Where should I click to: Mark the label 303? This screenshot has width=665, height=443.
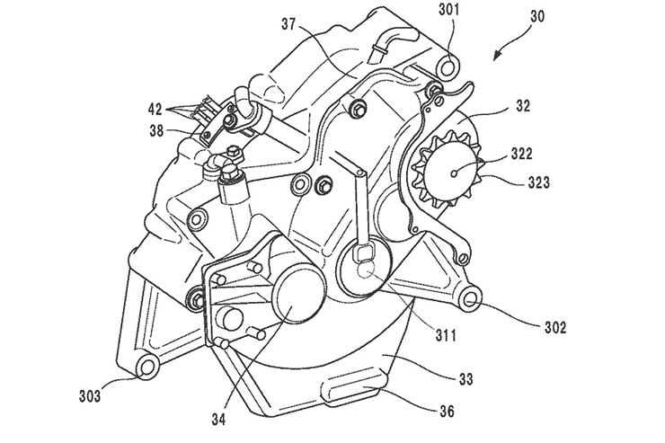tap(93, 393)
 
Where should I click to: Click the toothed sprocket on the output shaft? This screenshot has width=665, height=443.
tap(446, 172)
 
